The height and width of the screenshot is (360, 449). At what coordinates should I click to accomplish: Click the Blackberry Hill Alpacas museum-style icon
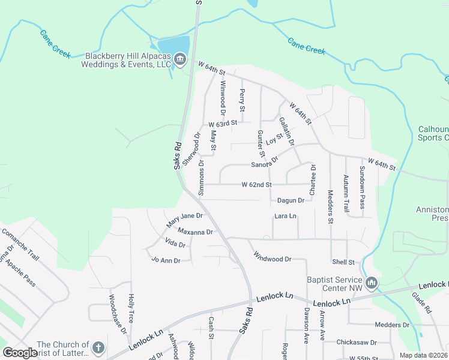[180, 60]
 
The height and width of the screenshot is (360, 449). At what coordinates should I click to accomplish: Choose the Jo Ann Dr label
[166, 259]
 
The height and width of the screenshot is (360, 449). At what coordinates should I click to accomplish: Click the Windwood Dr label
[272, 257]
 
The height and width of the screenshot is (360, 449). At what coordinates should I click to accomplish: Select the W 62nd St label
[256, 185]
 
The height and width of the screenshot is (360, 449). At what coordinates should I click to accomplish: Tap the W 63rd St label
[223, 124]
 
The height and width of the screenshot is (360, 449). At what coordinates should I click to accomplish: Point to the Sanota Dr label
[265, 163]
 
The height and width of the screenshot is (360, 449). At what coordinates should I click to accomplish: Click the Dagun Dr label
[291, 200]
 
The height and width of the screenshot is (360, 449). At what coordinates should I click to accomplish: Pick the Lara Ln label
[285, 216]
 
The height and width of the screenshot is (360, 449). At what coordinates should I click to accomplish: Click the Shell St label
[343, 262]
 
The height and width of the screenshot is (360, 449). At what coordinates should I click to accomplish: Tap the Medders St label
[330, 206]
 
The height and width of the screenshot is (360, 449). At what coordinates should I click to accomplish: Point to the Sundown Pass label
[362, 187]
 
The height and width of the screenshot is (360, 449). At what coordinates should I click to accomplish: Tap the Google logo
[20, 353]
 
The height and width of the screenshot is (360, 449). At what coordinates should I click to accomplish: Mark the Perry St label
[242, 101]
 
